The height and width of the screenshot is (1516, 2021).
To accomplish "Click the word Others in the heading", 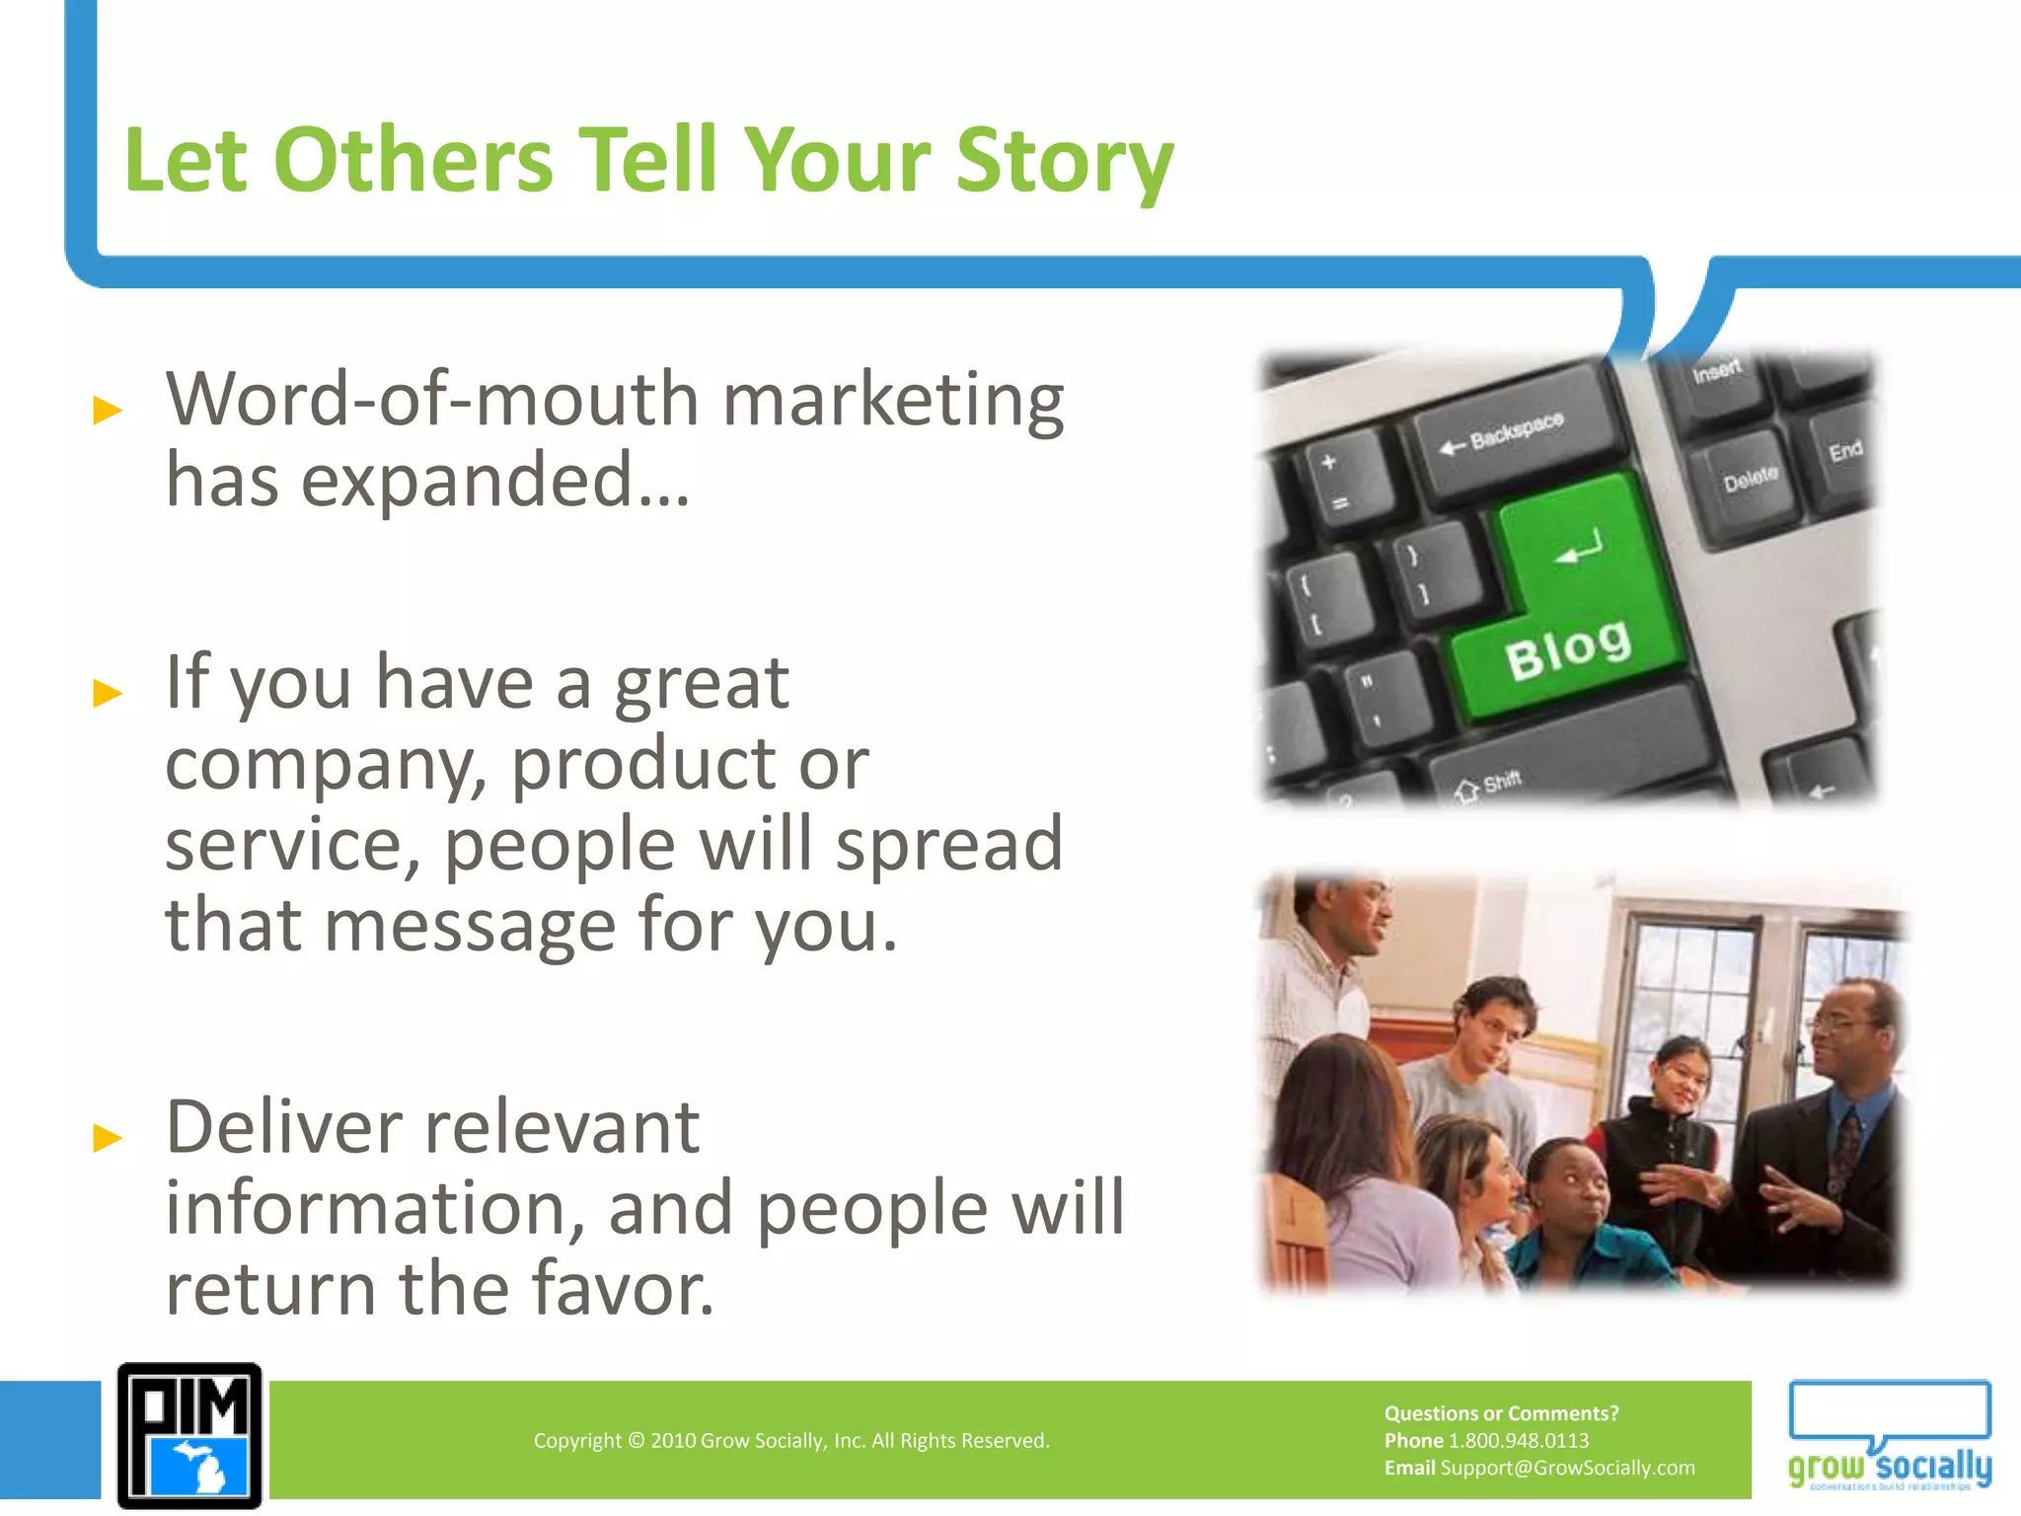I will click(412, 161).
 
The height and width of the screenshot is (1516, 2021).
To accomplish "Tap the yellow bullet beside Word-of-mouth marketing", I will click(107, 409).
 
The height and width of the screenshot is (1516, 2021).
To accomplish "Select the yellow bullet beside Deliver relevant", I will click(107, 1138).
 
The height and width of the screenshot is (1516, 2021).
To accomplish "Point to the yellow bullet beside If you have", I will click(107, 693).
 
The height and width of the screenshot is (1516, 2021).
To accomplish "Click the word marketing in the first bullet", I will click(893, 401).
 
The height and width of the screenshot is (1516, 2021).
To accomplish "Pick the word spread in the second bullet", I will click(949, 845).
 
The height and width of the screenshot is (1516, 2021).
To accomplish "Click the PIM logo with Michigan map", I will click(189, 1436).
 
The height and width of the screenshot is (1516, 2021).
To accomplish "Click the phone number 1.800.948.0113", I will click(1519, 1440).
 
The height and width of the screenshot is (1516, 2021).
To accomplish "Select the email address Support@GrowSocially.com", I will click(1567, 1468).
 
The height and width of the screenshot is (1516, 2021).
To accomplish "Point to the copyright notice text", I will click(791, 1440).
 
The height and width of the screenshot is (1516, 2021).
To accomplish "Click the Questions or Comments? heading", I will click(1501, 1413).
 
